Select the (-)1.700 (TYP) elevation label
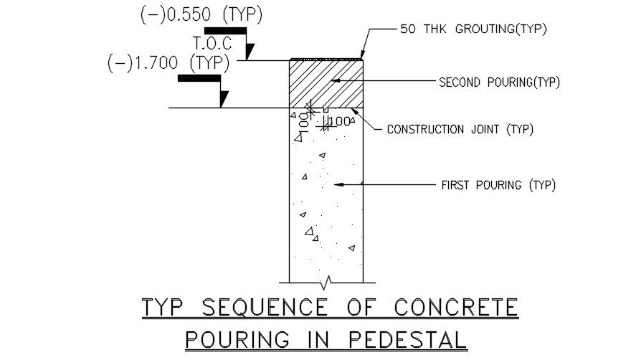[169, 62]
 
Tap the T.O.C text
[212, 44]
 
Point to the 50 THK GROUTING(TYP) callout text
[474, 29]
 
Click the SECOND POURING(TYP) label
[499, 82]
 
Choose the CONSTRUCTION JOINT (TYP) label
[460, 130]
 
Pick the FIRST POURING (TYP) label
[498, 185]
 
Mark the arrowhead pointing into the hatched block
[334, 82]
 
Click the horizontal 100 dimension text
[340, 121]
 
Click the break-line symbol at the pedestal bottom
[327, 279]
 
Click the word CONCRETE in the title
[456, 308]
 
